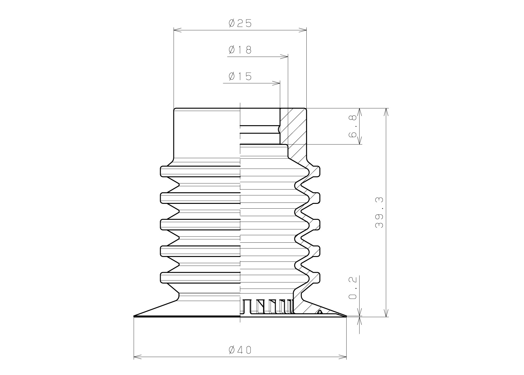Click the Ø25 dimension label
tap(240, 24)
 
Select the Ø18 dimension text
tap(240, 50)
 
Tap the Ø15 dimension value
tap(240, 76)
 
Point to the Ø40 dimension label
tap(240, 350)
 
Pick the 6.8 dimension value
tap(352, 126)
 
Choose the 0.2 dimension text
tap(352, 288)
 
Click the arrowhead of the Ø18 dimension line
tap(284, 57)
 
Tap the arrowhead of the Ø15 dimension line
tap(276, 83)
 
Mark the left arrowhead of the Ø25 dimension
tap(177, 30)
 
